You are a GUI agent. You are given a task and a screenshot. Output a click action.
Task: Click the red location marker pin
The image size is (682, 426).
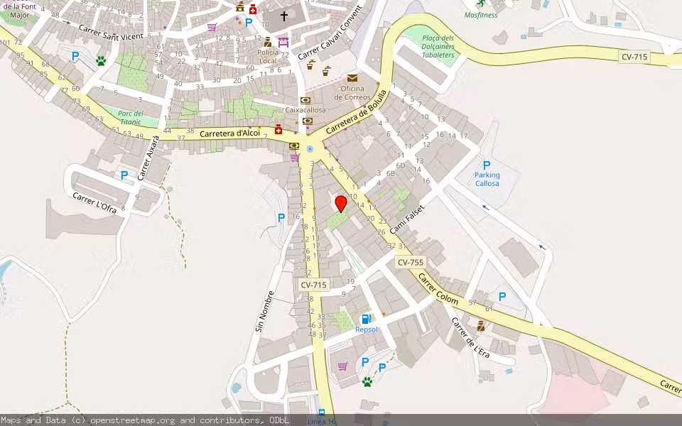click(341, 203)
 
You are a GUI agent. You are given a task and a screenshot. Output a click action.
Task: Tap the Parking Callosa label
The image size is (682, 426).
click(487, 179)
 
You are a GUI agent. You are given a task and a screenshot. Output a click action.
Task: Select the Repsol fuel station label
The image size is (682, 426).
click(367, 329)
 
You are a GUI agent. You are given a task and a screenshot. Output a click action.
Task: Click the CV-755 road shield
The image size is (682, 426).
click(411, 262)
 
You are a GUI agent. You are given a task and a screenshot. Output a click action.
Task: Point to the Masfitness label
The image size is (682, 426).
click(481, 14)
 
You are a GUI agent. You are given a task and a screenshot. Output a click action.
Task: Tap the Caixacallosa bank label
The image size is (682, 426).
click(305, 110)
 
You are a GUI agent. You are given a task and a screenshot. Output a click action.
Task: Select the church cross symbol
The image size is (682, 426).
click(284, 16)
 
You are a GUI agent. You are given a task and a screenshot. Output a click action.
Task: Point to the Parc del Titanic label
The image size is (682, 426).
click(131, 118)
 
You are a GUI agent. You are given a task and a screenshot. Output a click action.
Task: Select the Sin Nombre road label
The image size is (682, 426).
click(260, 312)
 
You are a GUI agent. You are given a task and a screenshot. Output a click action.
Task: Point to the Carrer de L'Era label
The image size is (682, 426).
click(470, 337)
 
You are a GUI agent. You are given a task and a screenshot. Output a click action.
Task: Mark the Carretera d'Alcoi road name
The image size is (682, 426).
click(229, 133)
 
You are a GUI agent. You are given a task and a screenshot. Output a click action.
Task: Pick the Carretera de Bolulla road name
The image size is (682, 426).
click(357, 111)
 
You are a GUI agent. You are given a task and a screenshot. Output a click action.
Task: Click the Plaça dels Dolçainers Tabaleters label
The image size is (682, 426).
click(438, 46)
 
